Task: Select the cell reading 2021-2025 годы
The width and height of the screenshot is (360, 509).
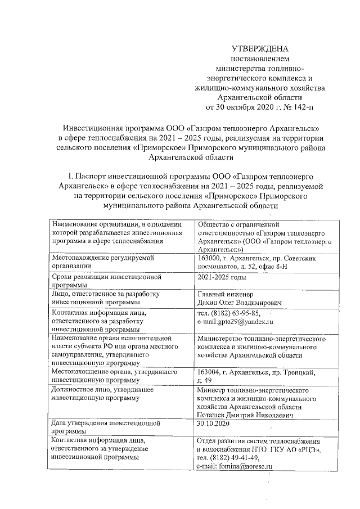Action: coord(222,278)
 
